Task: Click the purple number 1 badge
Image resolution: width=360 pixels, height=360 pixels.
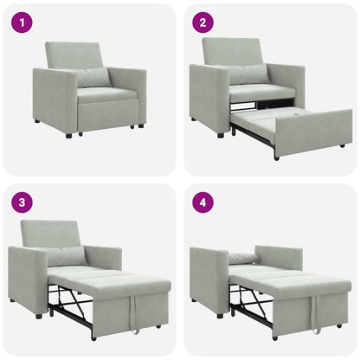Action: coord(22,22)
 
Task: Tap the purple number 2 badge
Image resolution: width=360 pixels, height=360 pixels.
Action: coord(202,22)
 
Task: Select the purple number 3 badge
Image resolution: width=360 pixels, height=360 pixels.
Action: coord(22,203)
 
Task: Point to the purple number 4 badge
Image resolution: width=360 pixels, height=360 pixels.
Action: coord(202,203)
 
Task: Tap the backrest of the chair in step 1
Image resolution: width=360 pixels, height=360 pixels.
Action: coord(76,55)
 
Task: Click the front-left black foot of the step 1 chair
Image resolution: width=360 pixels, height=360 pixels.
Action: coord(68,135)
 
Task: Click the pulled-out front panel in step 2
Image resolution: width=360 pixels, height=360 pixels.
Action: coord(313,132)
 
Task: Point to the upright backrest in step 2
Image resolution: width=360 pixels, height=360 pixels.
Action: coord(233,51)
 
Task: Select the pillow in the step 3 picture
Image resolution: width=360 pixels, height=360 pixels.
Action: coord(67,256)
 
